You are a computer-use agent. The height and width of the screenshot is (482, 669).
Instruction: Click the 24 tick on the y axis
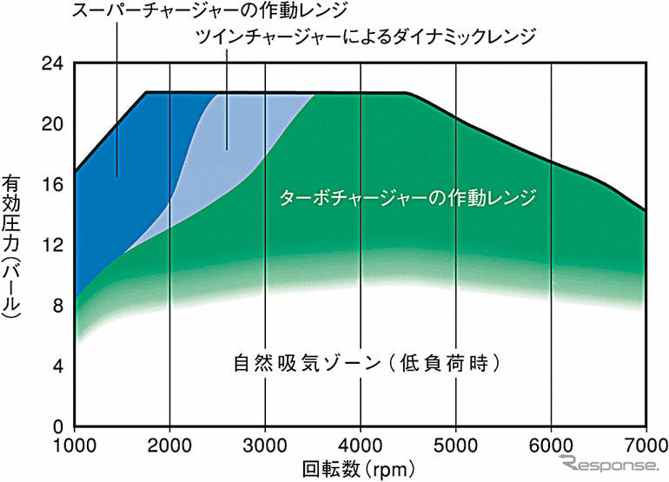coord(53,63)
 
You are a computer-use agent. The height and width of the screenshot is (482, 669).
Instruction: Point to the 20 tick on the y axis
coord(53,123)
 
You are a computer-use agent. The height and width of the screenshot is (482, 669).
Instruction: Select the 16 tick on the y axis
coord(53,184)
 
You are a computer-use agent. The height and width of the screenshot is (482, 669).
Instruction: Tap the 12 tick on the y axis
coord(53,245)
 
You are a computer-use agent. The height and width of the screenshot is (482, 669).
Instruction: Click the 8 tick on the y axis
coord(56,306)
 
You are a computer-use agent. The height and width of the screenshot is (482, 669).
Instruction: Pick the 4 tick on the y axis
coord(56,366)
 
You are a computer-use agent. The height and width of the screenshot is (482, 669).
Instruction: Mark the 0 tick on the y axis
coord(56,427)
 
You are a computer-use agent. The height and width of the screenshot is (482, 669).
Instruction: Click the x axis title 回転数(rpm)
coord(357,470)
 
